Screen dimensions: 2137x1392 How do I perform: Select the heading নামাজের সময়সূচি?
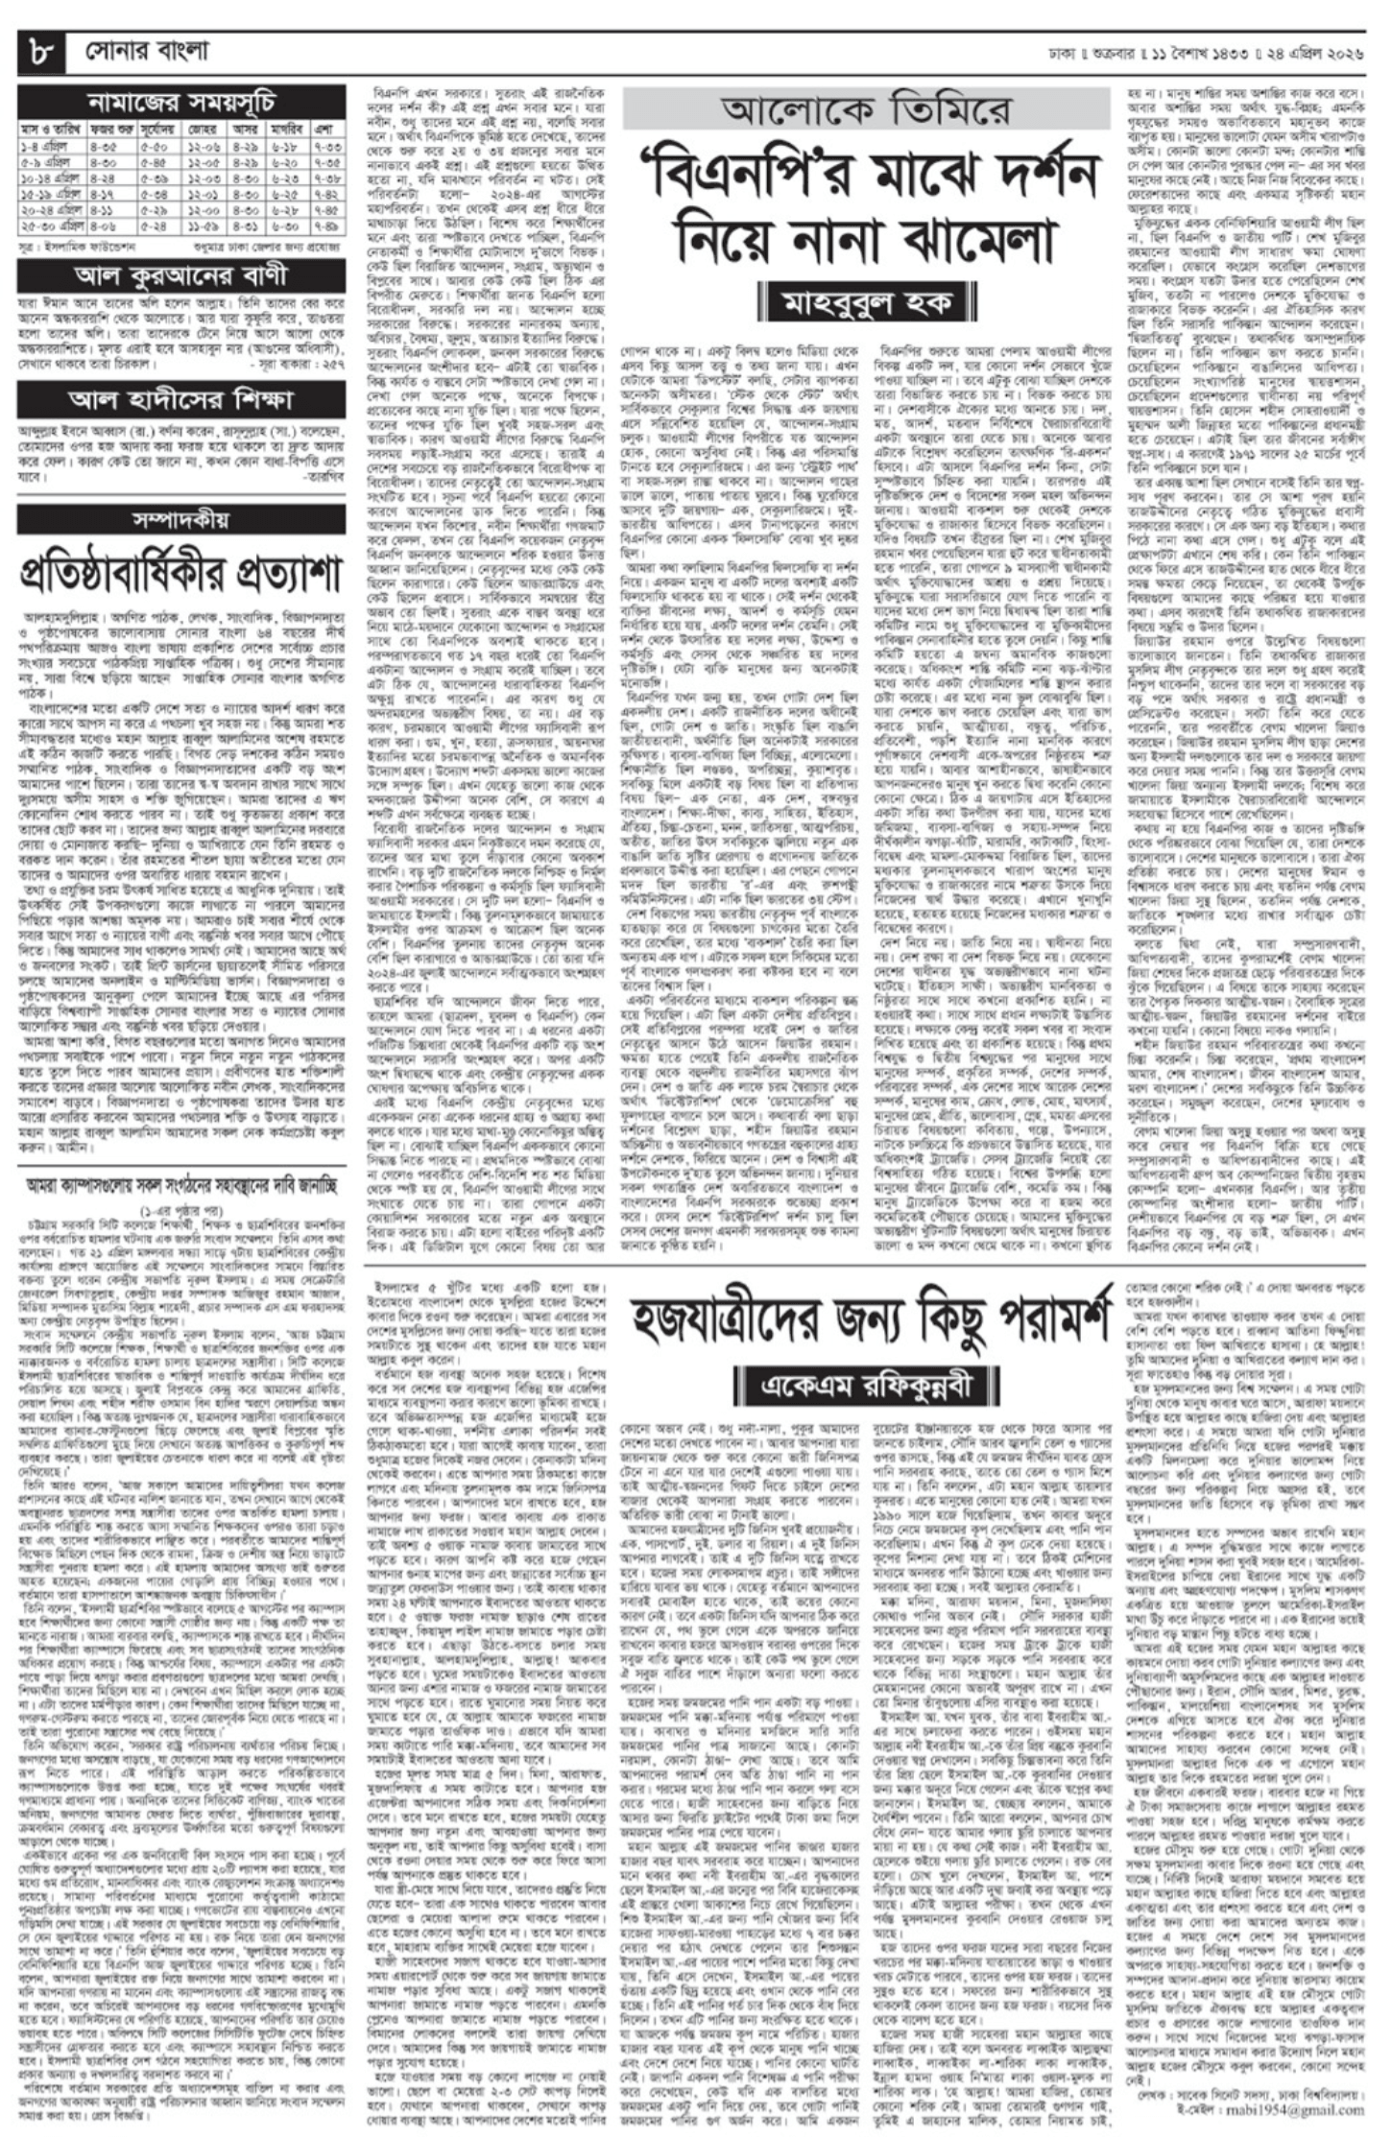[x=181, y=103]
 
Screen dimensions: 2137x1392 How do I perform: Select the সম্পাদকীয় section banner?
[x=181, y=520]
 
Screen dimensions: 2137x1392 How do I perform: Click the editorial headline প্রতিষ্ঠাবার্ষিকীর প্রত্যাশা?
[x=181, y=574]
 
